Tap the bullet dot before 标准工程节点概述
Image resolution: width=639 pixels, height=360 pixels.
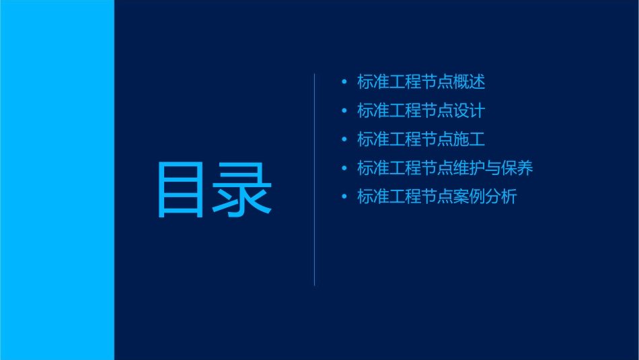(344, 82)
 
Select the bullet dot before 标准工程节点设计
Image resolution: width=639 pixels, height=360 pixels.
(344, 111)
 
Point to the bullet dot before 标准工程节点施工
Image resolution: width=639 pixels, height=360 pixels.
(344, 139)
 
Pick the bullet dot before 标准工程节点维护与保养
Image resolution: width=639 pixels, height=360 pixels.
(344, 168)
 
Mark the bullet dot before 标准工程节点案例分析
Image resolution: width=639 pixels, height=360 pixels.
(344, 197)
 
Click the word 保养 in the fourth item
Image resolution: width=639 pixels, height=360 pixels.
(517, 168)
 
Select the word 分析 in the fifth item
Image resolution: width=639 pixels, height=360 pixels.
(501, 197)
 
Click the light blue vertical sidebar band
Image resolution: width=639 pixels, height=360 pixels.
(57, 180)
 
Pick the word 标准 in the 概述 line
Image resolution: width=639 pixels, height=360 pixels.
(373, 82)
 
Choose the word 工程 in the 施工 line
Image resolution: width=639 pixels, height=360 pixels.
(406, 139)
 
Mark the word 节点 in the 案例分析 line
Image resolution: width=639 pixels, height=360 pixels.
(437, 197)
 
